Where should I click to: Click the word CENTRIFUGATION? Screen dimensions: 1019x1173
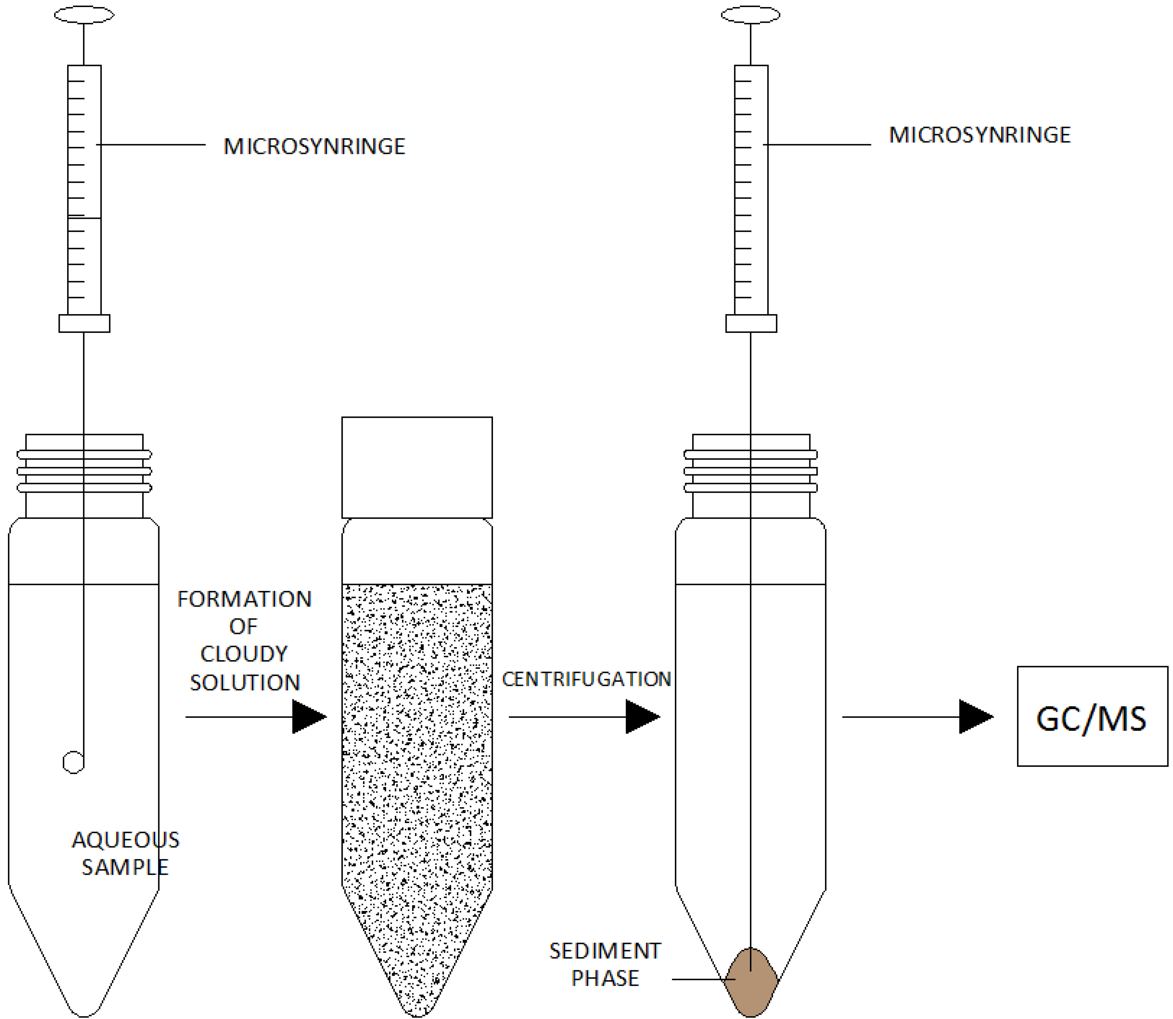coord(586,679)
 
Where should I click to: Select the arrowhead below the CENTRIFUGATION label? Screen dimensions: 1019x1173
coord(641,717)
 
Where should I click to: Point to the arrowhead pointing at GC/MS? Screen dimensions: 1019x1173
coord(975,717)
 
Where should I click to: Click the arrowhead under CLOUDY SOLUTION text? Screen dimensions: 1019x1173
coord(308,717)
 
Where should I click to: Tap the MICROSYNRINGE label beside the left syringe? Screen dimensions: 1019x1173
coord(314,147)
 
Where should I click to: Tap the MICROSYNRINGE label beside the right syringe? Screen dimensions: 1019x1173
coord(980,135)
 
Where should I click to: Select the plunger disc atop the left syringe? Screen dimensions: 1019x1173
coord(84,15)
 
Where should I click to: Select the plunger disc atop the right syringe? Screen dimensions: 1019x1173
coord(750,15)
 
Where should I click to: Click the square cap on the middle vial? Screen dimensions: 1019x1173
coord(417,467)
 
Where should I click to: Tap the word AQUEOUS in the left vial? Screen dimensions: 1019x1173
coord(125,840)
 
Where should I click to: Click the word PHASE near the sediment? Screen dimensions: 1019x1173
coord(605,979)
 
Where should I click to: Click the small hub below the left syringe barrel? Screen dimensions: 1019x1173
coord(84,324)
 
